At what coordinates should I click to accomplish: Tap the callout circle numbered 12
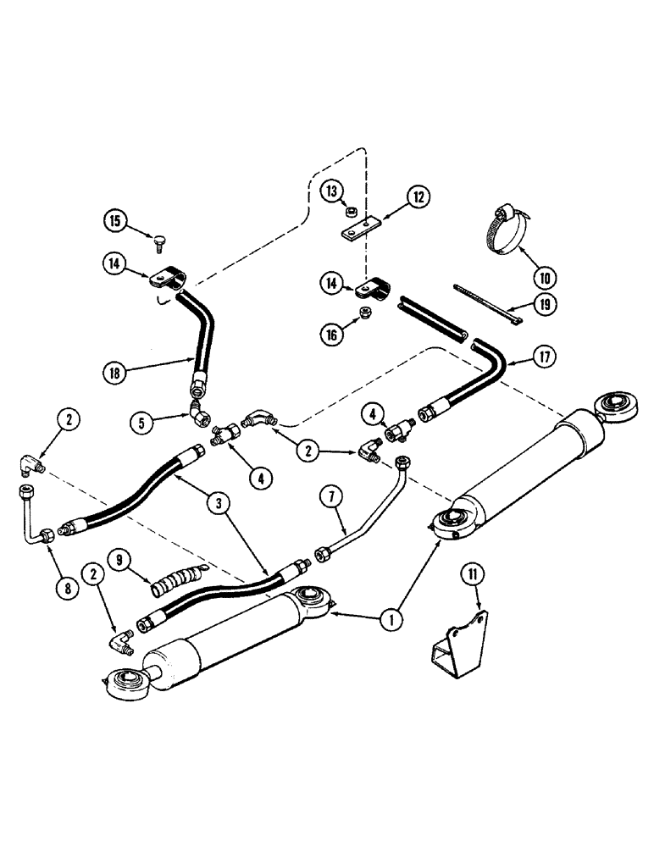point(418,197)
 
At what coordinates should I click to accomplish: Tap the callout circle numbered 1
point(390,620)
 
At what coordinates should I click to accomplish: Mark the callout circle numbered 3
point(223,503)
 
